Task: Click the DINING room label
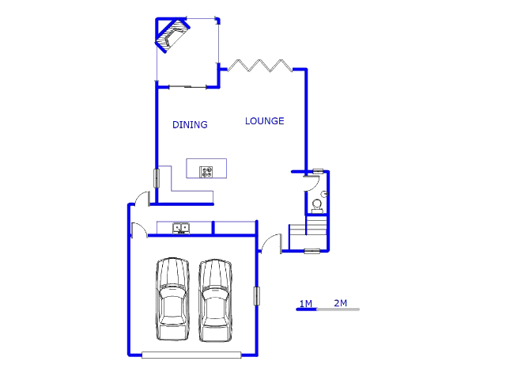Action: click(x=190, y=125)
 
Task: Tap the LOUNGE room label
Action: click(x=264, y=121)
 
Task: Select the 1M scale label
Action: click(x=306, y=304)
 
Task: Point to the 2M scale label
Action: click(x=341, y=303)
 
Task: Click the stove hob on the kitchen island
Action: click(x=206, y=172)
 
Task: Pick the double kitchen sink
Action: click(x=181, y=228)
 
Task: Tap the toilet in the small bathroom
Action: click(x=317, y=207)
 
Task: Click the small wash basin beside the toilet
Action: click(x=324, y=194)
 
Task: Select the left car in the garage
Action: click(x=172, y=299)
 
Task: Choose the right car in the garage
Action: click(x=215, y=301)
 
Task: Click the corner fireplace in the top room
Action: click(x=172, y=35)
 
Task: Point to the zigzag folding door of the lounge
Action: click(x=260, y=66)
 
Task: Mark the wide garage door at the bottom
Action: click(x=191, y=355)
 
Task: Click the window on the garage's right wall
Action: click(x=256, y=295)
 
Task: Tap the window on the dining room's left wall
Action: click(x=157, y=178)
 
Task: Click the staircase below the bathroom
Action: click(x=308, y=233)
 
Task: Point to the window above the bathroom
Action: click(x=318, y=171)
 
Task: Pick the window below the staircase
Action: click(x=312, y=251)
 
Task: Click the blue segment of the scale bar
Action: click(x=307, y=310)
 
